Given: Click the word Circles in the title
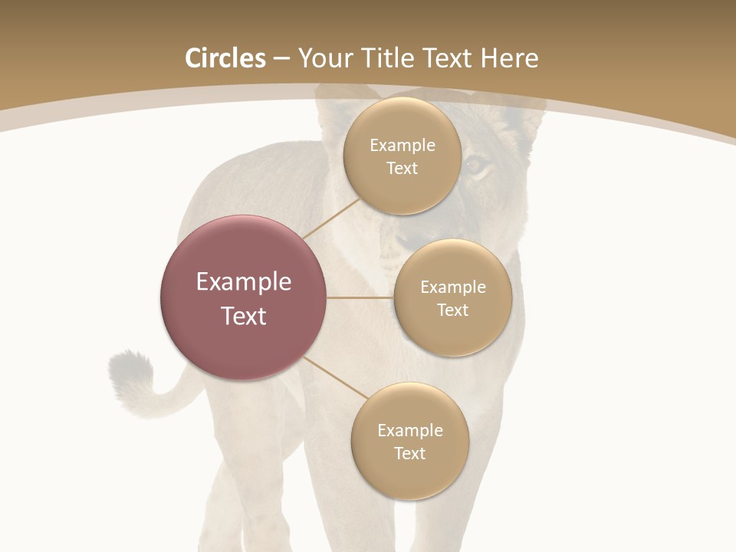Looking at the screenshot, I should [225, 58].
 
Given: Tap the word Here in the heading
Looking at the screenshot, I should [509, 58].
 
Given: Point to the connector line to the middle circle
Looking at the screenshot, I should [360, 297].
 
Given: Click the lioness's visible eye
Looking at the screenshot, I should [477, 164].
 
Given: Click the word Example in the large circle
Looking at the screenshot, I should [244, 282].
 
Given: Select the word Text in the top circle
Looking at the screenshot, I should [402, 169].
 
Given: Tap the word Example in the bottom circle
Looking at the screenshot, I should [409, 431].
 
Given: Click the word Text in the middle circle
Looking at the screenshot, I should [452, 310].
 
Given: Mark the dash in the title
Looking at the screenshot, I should [281, 59].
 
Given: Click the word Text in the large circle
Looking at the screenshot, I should [244, 316].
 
